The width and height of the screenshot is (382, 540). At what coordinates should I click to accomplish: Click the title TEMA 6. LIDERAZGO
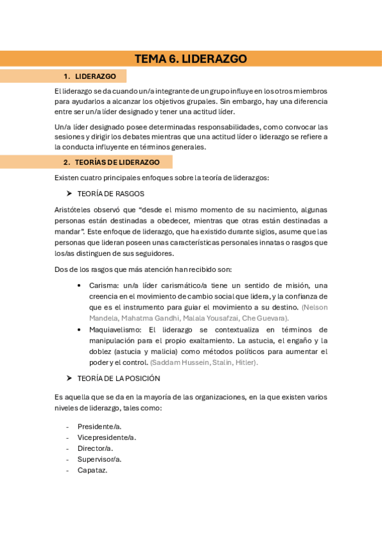(x=191, y=59)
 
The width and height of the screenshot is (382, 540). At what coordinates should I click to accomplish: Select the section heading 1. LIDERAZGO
(x=95, y=76)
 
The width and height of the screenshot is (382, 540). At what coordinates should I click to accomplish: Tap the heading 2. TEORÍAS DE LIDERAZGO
(x=117, y=162)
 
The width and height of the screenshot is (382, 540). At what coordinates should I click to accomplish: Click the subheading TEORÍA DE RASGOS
(x=110, y=194)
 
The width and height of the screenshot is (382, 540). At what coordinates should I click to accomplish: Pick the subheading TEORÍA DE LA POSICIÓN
(x=119, y=378)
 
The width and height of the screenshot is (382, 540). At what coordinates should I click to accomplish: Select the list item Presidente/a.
(x=99, y=426)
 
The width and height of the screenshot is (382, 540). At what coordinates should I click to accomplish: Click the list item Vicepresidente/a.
(x=107, y=437)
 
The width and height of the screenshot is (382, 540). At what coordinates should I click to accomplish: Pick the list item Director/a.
(x=95, y=448)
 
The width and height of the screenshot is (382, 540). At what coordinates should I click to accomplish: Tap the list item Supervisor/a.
(x=99, y=459)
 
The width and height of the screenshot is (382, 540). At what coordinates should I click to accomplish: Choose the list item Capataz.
(x=92, y=470)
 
